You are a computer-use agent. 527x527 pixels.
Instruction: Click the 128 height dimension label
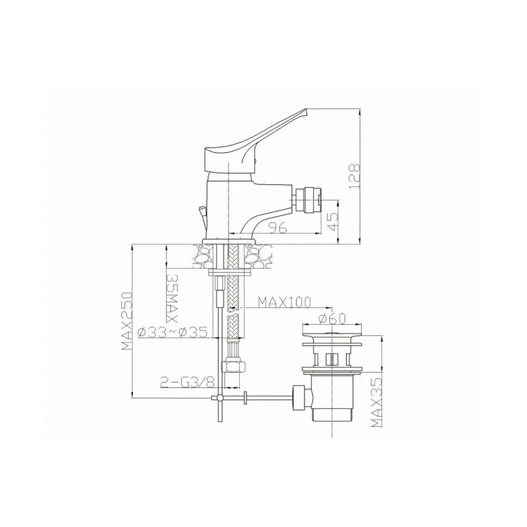click(354, 176)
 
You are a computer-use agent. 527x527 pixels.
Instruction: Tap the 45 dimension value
click(333, 221)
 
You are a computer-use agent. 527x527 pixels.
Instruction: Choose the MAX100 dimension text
click(284, 302)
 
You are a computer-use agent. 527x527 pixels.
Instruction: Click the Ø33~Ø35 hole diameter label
click(173, 333)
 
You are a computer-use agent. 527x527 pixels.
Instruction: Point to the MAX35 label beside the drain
click(377, 402)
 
